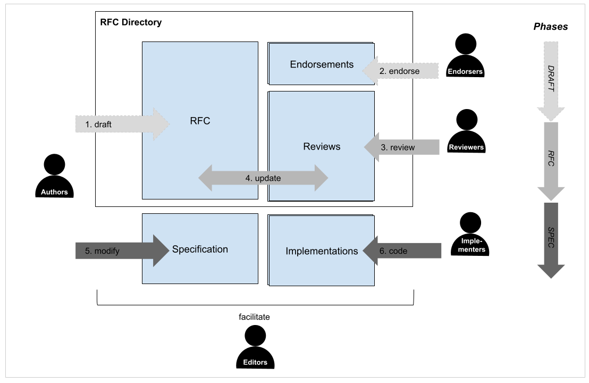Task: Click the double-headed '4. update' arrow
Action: click(263, 178)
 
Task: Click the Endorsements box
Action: click(321, 64)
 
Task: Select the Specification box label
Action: click(200, 249)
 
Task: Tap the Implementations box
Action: click(322, 251)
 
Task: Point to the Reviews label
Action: click(322, 146)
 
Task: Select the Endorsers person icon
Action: click(466, 56)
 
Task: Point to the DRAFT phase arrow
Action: click(551, 80)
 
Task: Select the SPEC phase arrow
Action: click(551, 239)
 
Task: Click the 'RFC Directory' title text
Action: click(131, 22)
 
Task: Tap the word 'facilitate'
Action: click(254, 317)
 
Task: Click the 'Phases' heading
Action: click(551, 27)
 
